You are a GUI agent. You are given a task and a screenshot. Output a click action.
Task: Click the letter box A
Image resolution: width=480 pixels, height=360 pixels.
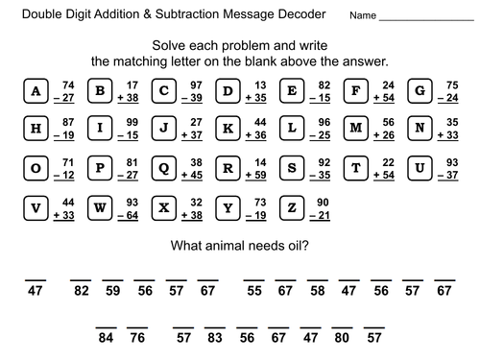click(36, 91)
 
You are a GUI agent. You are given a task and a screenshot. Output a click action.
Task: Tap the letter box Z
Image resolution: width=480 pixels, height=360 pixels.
click(293, 206)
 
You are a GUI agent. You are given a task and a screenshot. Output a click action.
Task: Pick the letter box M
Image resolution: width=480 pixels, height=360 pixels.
click(357, 130)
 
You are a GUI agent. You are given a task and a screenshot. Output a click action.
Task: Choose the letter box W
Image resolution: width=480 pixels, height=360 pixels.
click(101, 206)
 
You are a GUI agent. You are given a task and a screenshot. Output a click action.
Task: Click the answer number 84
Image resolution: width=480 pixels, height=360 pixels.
click(106, 337)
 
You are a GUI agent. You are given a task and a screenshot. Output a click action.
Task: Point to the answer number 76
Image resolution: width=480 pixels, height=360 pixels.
click(137, 337)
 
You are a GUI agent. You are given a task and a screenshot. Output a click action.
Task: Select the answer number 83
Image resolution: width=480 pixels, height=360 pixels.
click(214, 337)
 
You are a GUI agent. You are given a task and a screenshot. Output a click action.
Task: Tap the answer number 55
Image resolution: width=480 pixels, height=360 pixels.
click(253, 291)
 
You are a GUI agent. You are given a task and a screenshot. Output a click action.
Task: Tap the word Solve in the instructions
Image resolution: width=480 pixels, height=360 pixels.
click(173, 44)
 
